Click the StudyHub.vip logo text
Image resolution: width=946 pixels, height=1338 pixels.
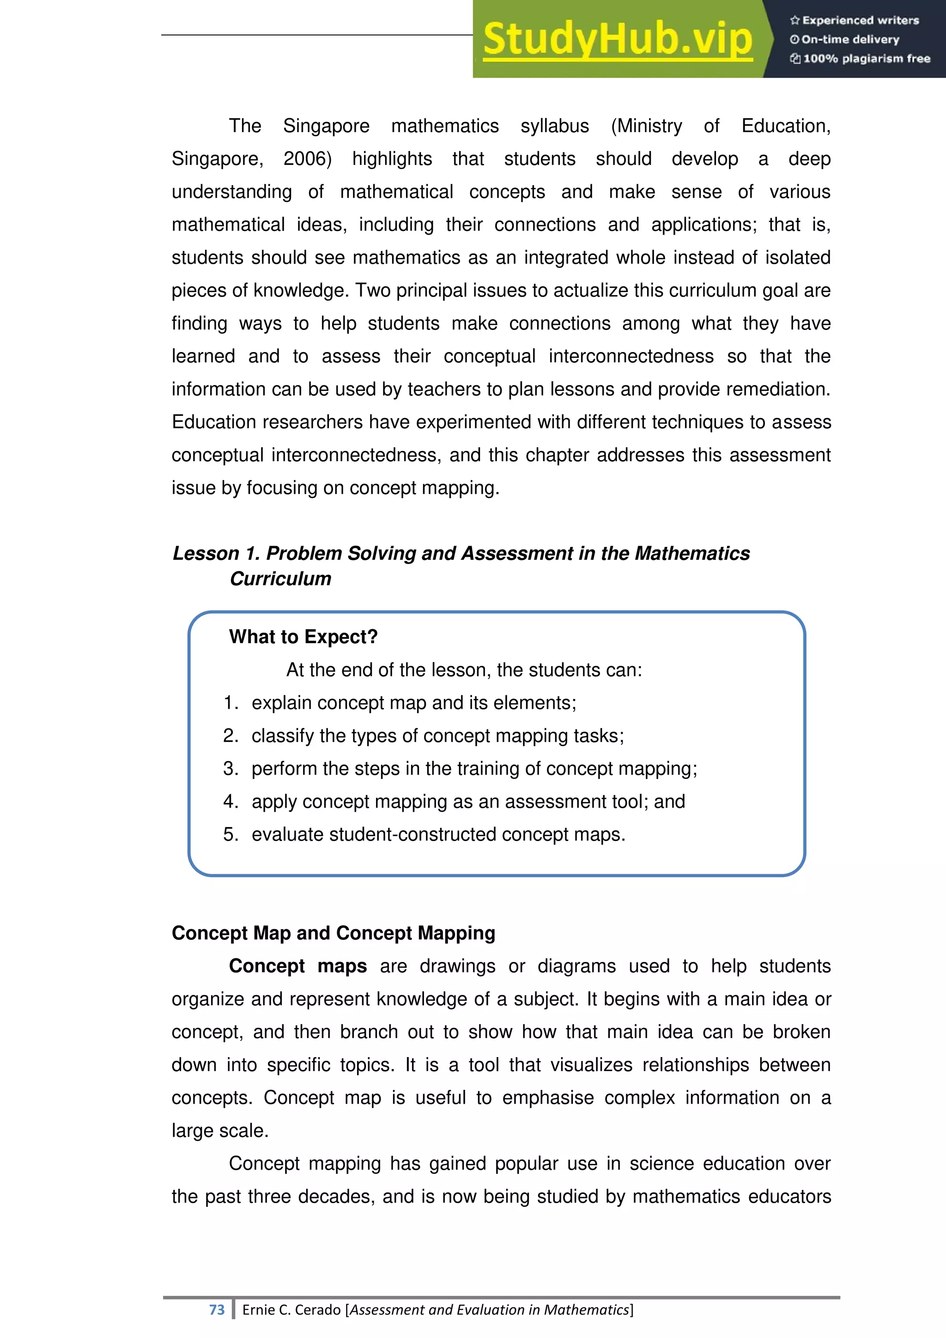pos(618,40)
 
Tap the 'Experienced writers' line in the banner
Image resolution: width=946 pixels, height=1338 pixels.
pos(855,20)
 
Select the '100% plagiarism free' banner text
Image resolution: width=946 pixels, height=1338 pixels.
pos(861,58)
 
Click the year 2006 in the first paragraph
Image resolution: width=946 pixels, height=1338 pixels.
pos(307,159)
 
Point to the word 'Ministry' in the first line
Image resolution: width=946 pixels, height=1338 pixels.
pos(647,126)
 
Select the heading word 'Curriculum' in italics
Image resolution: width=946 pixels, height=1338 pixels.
pos(280,578)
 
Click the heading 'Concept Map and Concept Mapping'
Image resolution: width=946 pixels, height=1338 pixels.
pos(333,933)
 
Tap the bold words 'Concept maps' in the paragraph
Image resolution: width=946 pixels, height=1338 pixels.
pos(297,966)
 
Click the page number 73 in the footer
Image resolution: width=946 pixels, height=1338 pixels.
pos(217,1310)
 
